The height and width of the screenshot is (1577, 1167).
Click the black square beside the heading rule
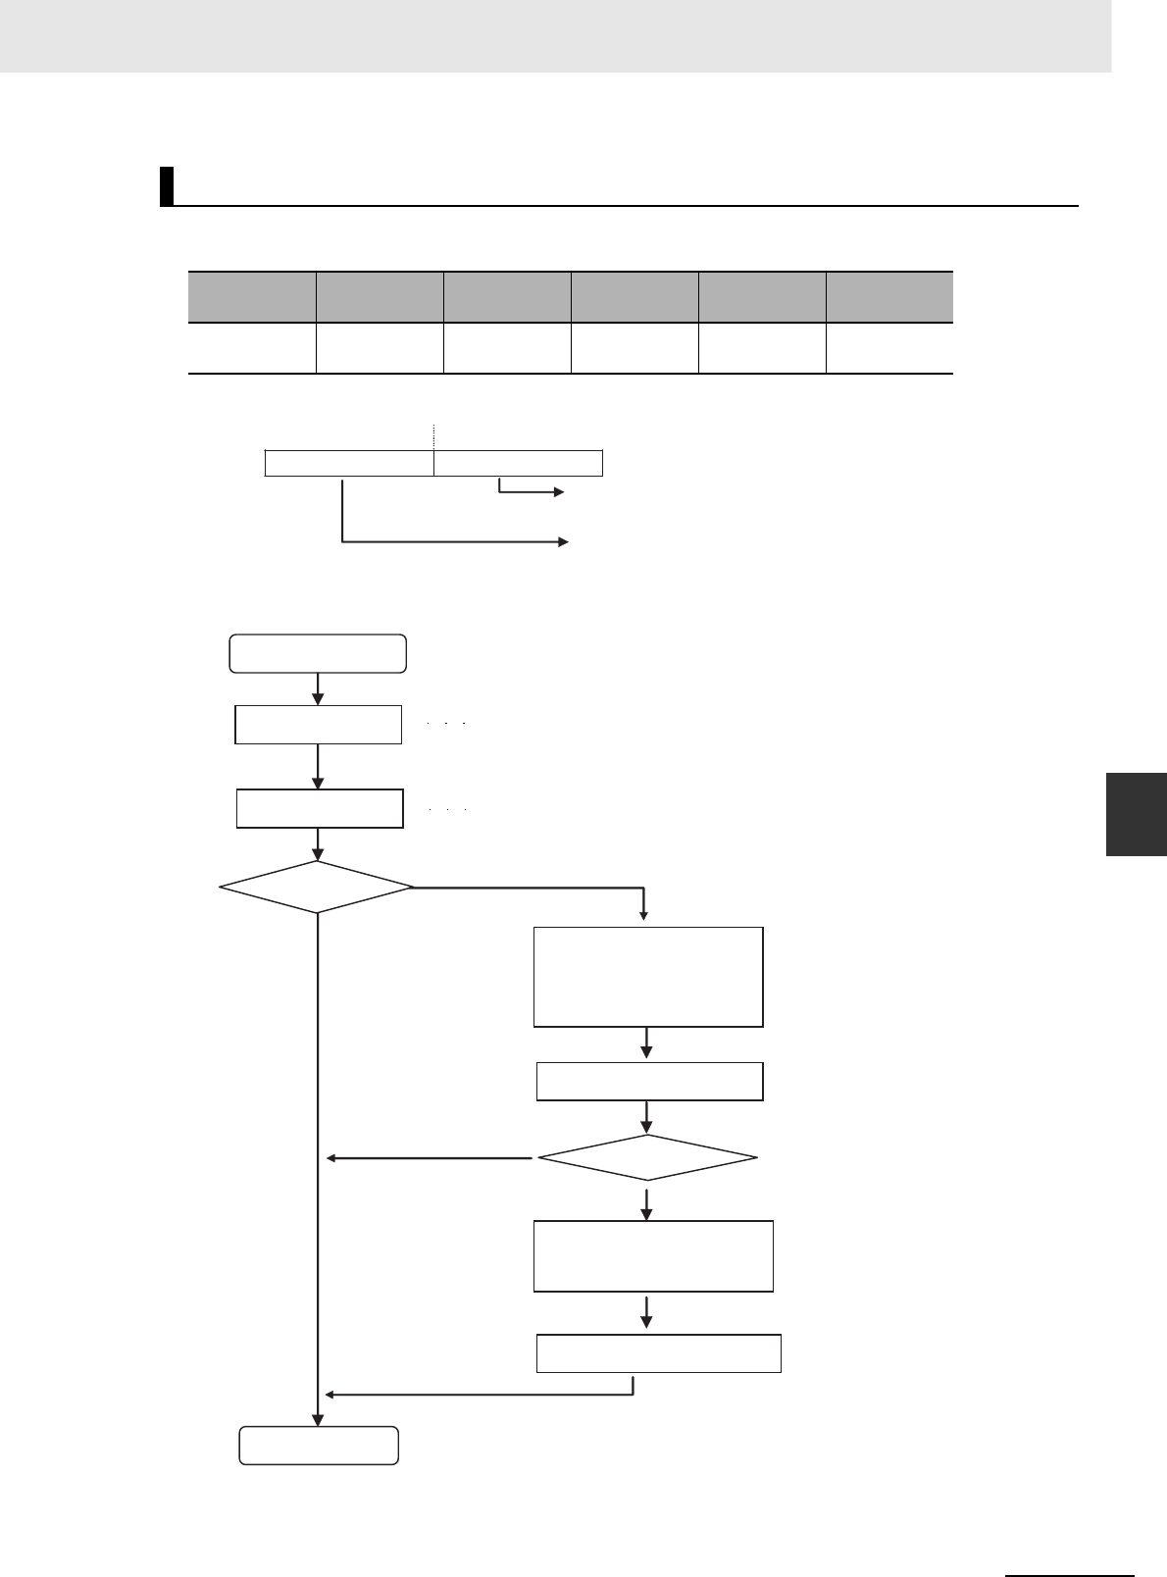[x=167, y=186]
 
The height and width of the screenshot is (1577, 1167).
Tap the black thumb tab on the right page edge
[x=1136, y=814]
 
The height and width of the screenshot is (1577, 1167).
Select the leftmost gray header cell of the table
[x=252, y=297]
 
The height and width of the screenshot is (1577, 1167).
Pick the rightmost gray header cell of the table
[x=888, y=297]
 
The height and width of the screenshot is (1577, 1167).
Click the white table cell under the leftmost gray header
[x=252, y=348]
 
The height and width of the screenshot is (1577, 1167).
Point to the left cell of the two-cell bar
[x=349, y=463]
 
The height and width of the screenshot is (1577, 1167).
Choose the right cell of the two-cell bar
[x=518, y=463]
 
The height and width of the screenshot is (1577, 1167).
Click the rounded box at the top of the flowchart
[x=318, y=653]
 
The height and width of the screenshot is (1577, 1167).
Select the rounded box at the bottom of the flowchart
[x=319, y=1446]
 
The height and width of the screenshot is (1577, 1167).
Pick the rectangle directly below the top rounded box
[x=318, y=724]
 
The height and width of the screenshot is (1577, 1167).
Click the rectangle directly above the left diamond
[x=320, y=808]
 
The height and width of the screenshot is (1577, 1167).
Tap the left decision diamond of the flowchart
[x=316, y=888]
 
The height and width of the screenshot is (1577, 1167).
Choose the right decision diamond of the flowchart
[x=647, y=1159]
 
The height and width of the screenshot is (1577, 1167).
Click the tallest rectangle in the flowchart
[x=647, y=977]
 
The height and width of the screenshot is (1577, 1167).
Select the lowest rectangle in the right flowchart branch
[x=659, y=1353]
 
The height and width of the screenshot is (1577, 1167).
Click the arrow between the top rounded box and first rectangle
[x=318, y=688]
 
